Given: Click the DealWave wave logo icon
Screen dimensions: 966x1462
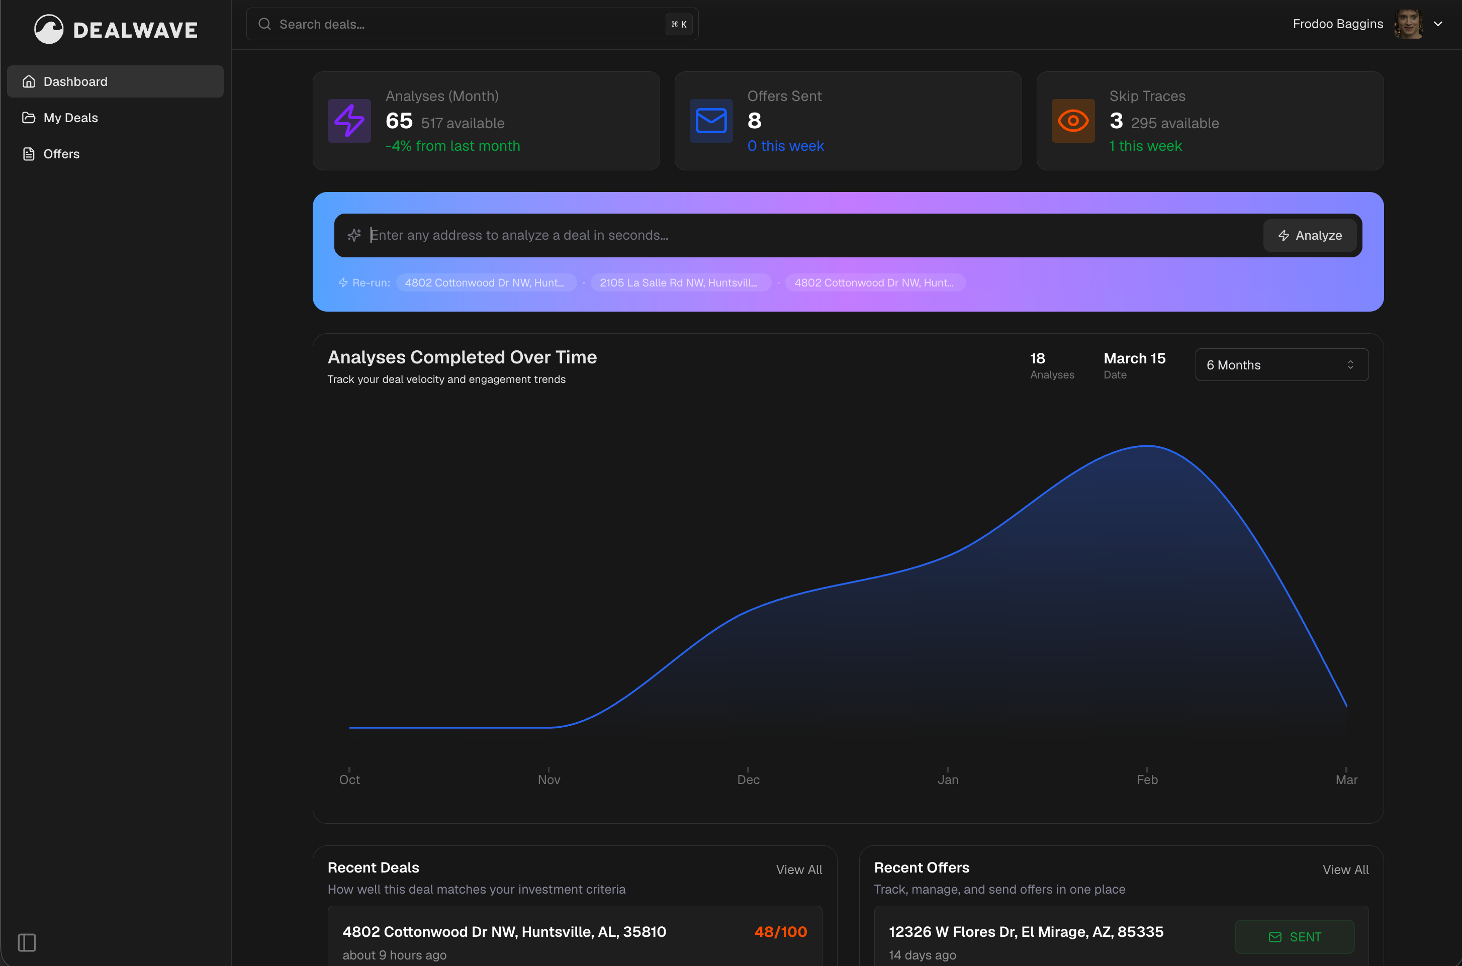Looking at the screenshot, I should [49, 29].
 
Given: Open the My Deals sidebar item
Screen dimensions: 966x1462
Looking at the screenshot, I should [70, 118].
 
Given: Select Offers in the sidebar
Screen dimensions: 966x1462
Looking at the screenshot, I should [61, 154].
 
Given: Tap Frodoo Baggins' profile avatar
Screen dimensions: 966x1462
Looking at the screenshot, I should [1408, 24].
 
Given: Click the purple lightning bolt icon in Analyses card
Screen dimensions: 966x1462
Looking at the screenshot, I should [349, 121].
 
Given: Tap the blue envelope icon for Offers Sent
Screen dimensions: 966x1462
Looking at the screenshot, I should [711, 121].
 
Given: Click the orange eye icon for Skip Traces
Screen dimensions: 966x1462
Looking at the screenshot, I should [1073, 121].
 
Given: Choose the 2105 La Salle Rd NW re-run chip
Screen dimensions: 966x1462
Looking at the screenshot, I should [679, 283].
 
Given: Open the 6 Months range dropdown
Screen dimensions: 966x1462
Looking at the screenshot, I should [1282, 365].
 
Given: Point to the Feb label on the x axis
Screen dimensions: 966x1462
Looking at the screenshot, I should [1147, 780].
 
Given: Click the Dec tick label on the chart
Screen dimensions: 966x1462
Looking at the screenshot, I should [748, 780].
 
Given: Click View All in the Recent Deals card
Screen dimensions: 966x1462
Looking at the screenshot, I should [798, 870].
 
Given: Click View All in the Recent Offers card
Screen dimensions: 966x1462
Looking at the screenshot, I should [1345, 870].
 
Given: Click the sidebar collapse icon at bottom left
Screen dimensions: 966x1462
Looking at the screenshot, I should [27, 942].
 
